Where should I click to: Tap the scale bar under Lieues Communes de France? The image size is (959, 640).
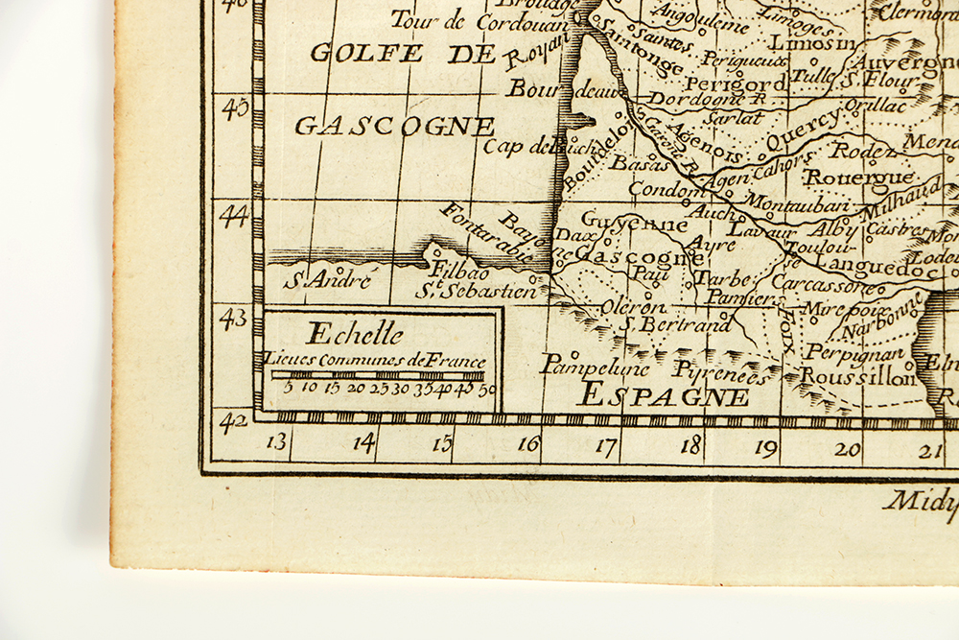point(377,374)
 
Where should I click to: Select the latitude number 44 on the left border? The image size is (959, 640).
point(233,216)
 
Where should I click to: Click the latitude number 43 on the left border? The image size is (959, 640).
point(233,319)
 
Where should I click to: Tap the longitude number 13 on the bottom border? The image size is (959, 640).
point(277,442)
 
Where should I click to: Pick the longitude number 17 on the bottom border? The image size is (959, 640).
point(605,445)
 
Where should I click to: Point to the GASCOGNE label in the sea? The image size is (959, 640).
point(394,127)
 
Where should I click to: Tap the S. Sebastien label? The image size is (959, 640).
point(476,290)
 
